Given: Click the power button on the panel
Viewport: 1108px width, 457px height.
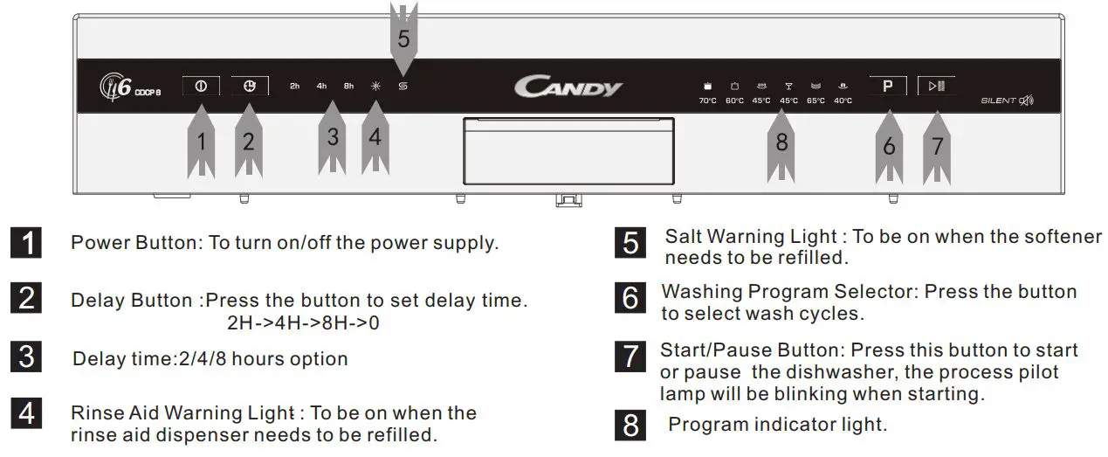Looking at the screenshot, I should click(201, 86).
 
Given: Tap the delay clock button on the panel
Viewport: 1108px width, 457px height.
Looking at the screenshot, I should click(250, 86).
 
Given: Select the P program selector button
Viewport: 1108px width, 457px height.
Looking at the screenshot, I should click(887, 86).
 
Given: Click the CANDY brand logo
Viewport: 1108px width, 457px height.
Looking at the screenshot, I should click(568, 87).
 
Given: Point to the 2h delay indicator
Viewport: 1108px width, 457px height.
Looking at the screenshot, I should click(295, 87).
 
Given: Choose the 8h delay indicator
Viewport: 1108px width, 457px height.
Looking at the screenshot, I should click(348, 87).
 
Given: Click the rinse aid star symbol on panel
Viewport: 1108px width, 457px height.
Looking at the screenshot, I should click(375, 87).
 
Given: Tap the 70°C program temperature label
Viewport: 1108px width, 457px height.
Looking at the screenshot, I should click(707, 100).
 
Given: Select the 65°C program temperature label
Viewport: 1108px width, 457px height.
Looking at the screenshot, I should click(816, 100).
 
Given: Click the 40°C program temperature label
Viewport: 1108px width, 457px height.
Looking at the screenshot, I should click(843, 100).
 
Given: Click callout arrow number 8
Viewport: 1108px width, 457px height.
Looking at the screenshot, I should click(781, 144).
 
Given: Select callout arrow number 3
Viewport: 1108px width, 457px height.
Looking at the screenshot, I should click(333, 138).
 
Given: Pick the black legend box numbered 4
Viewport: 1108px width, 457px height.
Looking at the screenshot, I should click(28, 412).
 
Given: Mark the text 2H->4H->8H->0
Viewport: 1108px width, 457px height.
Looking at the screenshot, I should click(303, 322).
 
